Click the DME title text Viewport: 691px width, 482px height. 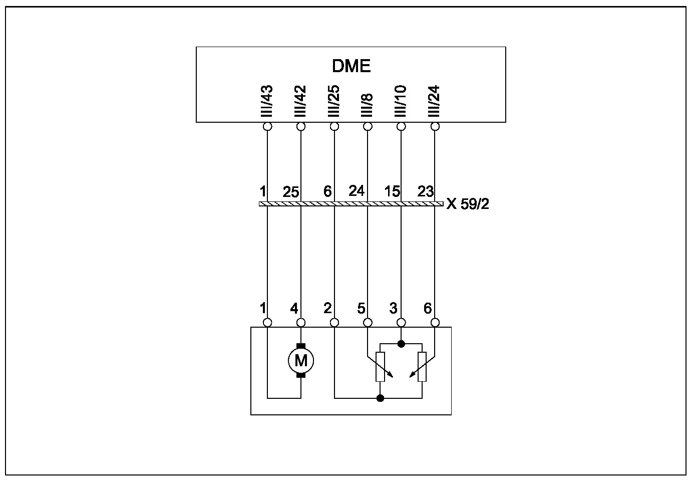[351, 66]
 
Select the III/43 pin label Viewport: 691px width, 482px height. [267, 102]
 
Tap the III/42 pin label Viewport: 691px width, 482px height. [300, 102]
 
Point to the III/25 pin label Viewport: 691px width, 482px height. [334, 102]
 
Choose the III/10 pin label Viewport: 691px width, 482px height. [401, 102]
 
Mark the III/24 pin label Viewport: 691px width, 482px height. [434, 102]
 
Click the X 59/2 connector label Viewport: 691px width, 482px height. [468, 204]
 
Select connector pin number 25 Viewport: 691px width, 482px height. [291, 192]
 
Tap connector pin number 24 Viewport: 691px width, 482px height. [357, 191]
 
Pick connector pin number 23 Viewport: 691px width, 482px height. [425, 191]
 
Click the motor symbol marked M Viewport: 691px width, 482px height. [300, 360]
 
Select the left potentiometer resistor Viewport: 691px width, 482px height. [381, 367]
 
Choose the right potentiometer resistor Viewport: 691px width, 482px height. [422, 367]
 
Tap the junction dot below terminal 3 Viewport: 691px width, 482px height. [401, 344]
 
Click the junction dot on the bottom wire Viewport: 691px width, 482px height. [381, 398]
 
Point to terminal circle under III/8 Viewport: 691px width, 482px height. [368, 126]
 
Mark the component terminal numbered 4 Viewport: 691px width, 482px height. [301, 322]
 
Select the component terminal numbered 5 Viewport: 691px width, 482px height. [368, 322]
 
